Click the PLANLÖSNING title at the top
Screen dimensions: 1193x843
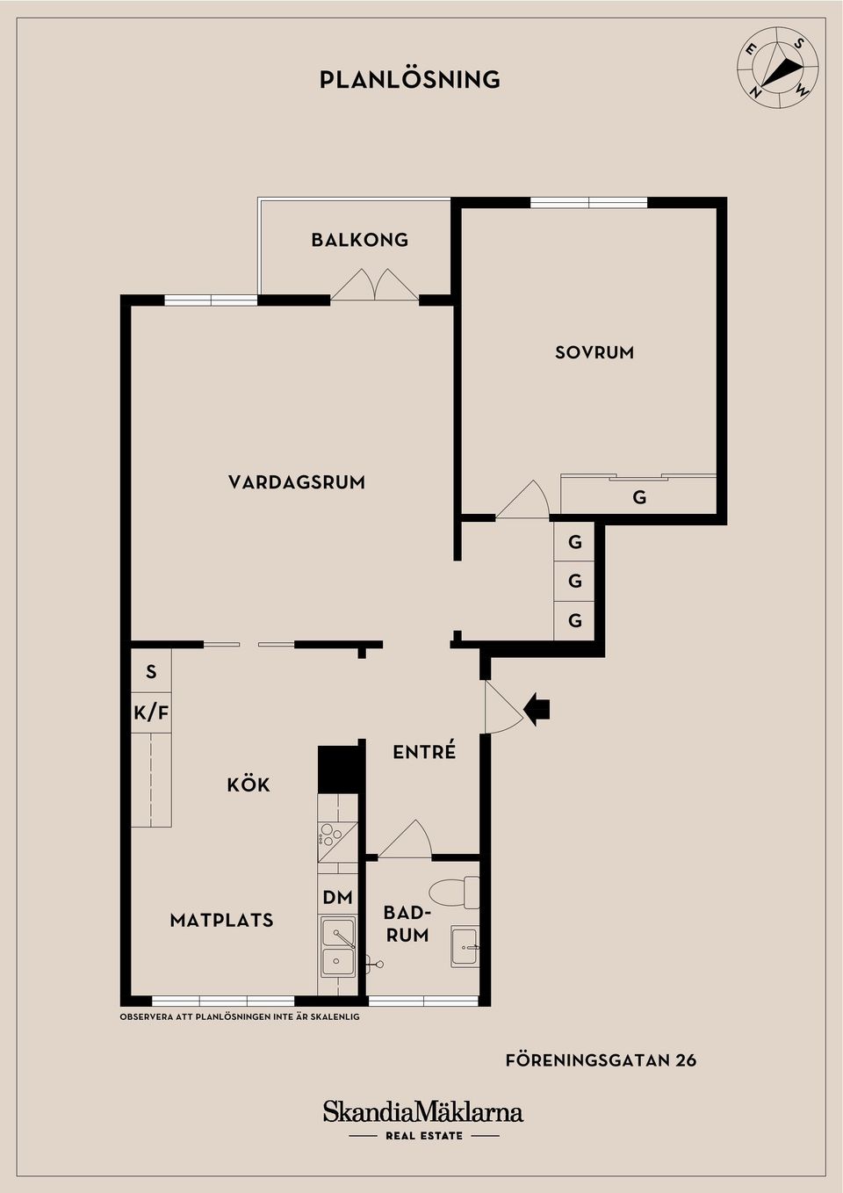[409, 80]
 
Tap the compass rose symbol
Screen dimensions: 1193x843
[777, 68]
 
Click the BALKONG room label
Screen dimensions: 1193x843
[360, 240]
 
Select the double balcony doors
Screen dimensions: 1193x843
[375, 285]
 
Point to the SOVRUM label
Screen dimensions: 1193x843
[594, 352]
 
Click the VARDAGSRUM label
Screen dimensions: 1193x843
[297, 482]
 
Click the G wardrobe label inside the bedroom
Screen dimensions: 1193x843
[639, 498]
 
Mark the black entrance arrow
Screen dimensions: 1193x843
[537, 707]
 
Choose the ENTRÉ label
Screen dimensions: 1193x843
[424, 752]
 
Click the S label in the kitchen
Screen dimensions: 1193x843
[151, 672]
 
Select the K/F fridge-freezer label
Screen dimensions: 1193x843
[151, 712]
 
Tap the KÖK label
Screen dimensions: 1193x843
[249, 784]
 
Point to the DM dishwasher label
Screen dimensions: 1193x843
[337, 898]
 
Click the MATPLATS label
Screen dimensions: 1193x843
[221, 921]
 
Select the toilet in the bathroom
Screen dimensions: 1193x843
[459, 892]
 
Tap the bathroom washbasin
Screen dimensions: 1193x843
[465, 947]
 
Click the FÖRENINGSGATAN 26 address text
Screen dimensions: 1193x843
[601, 1060]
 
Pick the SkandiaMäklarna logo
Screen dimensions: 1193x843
[423, 1112]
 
